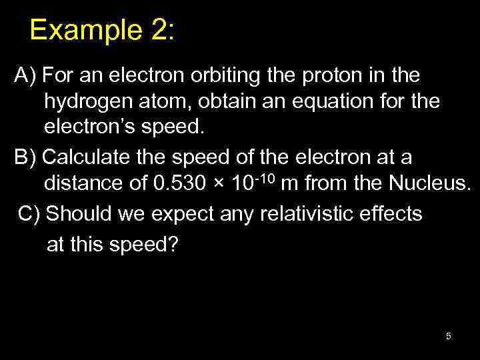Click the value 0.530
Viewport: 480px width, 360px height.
click(177, 185)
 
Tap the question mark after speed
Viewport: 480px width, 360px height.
click(173, 245)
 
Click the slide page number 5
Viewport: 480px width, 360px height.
click(449, 337)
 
